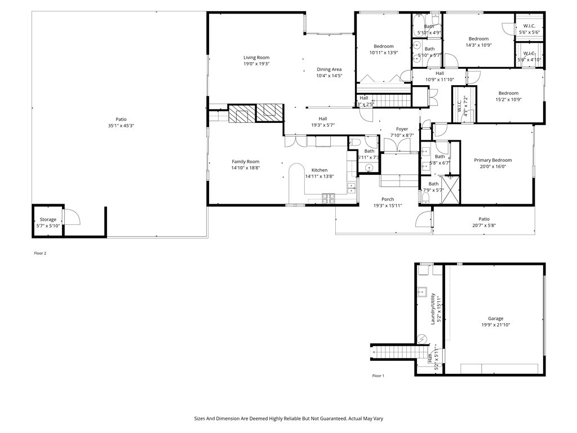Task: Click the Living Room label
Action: pos(256,58)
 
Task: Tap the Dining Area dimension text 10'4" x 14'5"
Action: pos(329,76)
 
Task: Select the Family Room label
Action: pos(245,162)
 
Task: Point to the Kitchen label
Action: pos(319,170)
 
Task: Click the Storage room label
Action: pos(48,219)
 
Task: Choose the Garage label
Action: pos(495,319)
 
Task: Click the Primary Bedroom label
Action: pos(495,160)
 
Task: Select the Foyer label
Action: pos(402,129)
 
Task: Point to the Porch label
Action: pos(388,199)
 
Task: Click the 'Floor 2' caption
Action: pos(40,253)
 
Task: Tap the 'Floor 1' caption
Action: pos(378,375)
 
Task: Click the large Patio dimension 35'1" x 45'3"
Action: pos(121,126)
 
